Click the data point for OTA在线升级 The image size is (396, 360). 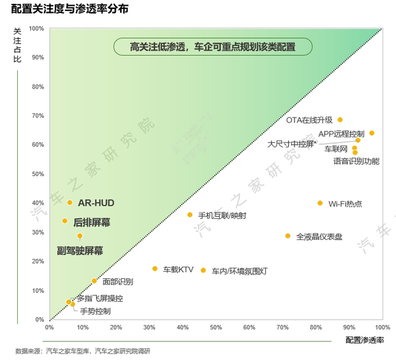point(340,119)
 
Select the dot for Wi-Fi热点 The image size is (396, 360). point(320,203)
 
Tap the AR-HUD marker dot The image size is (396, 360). point(70,202)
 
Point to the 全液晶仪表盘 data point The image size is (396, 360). point(287,236)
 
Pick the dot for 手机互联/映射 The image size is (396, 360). point(190,214)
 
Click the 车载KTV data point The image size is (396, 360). point(155,269)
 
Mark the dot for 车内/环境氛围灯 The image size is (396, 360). point(203,270)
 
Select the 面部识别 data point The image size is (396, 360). point(95,281)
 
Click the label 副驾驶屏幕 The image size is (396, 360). point(80,251)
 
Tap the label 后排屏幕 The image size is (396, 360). point(92,223)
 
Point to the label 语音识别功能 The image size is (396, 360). point(356,161)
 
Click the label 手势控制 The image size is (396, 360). point(95,311)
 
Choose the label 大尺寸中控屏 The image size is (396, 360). point(292,144)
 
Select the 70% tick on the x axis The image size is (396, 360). point(282,327)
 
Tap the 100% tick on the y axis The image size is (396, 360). point(36,29)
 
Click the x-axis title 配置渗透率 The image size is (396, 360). point(365,340)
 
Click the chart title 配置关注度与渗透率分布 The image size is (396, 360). point(70,9)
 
